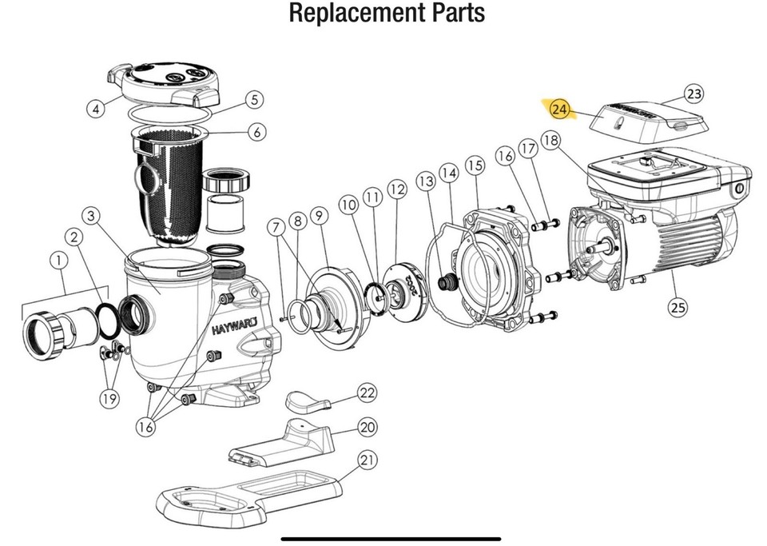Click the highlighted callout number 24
click(562, 109)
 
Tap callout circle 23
click(694, 94)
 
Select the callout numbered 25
click(678, 306)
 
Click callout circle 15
click(475, 165)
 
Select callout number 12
click(397, 190)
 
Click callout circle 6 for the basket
click(256, 132)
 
